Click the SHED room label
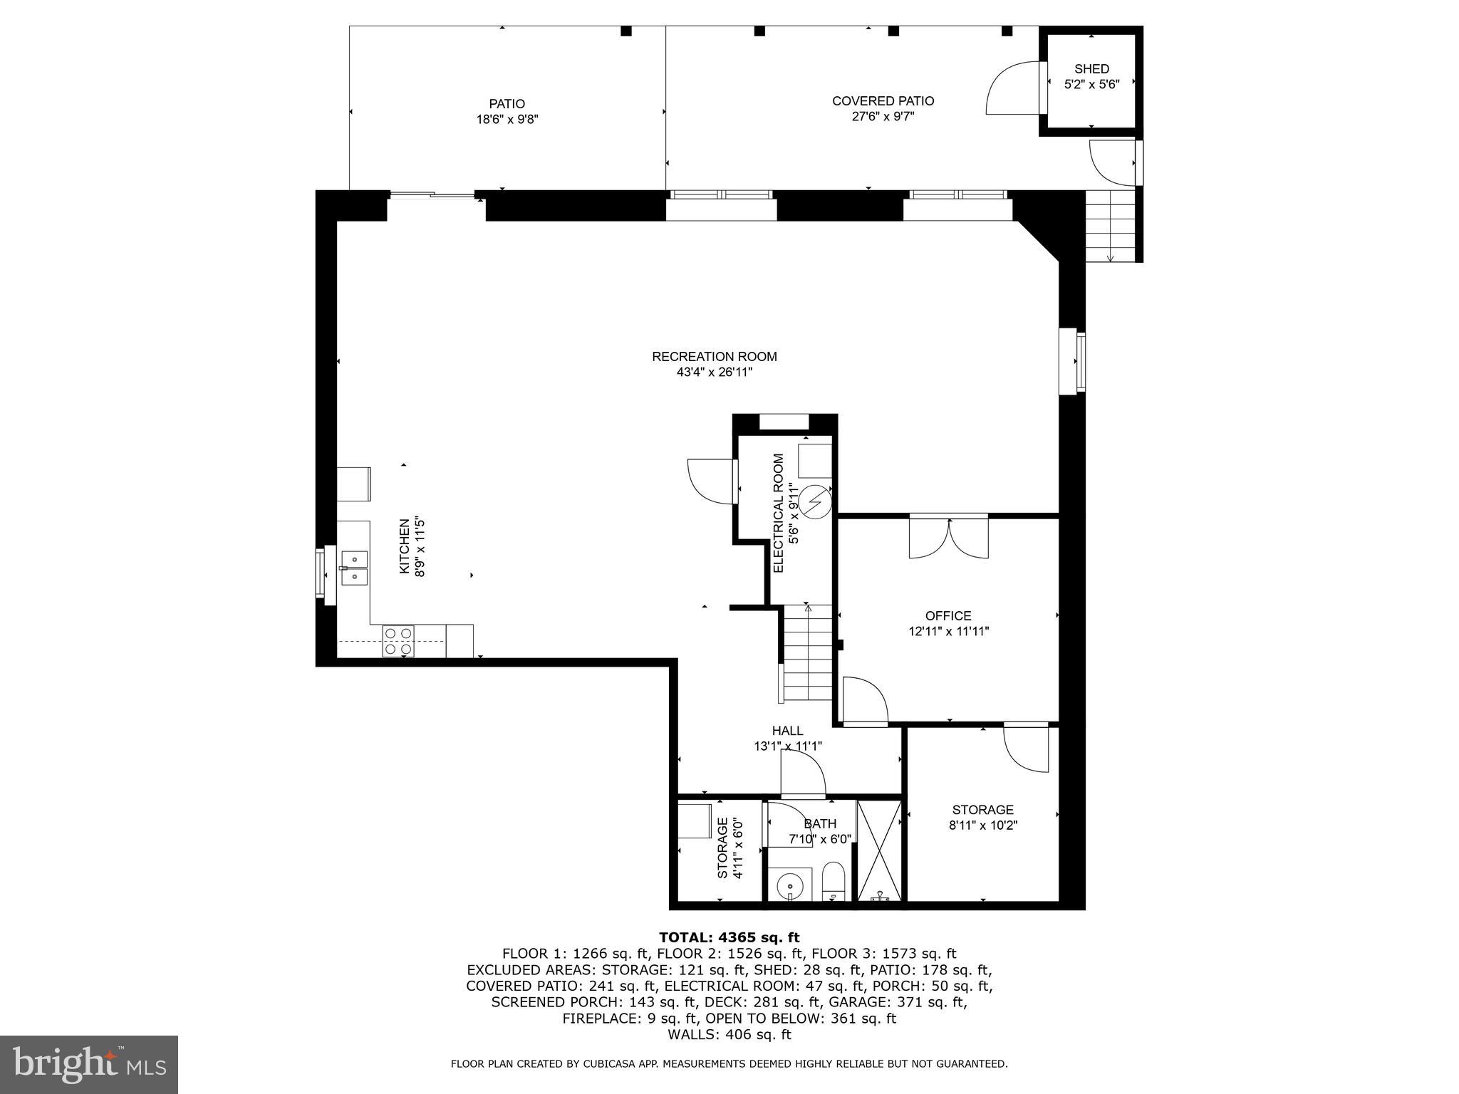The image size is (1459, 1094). [1091, 69]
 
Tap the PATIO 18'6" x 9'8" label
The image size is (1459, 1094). [507, 112]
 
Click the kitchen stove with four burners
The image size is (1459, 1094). [398, 640]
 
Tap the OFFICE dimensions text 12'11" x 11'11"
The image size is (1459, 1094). [948, 631]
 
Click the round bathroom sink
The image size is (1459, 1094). [790, 887]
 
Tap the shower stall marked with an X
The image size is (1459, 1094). [880, 850]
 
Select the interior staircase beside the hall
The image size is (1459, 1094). [808, 652]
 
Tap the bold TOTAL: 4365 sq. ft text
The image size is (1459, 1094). [729, 937]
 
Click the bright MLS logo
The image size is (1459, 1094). [89, 1063]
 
